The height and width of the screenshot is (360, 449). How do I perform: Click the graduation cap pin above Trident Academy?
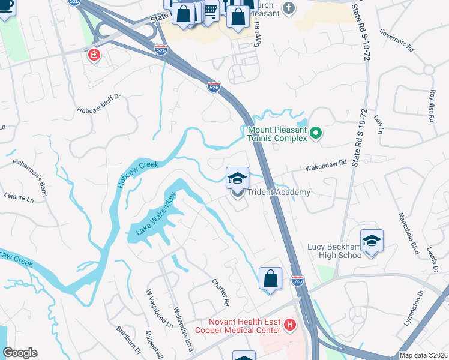click(237, 178)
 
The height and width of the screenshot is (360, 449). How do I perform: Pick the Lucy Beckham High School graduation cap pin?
click(372, 241)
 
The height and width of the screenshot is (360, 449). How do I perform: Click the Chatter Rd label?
click(221, 290)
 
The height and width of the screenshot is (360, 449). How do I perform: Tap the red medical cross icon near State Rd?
click(94, 56)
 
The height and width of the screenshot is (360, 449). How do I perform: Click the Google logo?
click(20, 353)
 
